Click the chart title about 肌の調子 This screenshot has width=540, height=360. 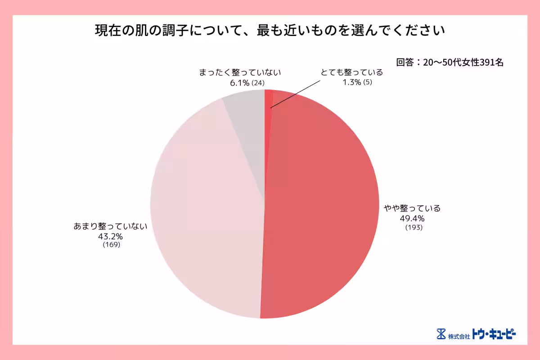point(270,31)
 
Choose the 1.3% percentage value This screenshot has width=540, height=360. point(351,82)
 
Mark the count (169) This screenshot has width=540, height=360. point(111,245)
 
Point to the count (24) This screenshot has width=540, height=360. point(258,83)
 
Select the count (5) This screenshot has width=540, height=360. point(368,82)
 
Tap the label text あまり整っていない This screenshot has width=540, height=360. point(111,226)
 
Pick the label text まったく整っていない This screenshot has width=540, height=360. point(240,72)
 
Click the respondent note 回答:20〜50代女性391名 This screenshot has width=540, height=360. point(450,63)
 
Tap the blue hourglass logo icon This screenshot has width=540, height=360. point(441,334)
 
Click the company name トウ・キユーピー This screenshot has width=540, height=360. point(494,334)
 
